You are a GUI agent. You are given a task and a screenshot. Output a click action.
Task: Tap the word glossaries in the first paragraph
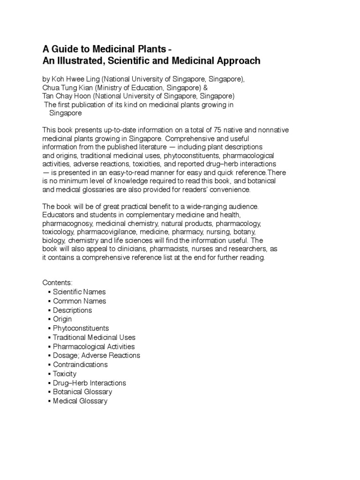[x=94, y=190]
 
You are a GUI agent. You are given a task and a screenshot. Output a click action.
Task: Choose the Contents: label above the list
[x=58, y=283]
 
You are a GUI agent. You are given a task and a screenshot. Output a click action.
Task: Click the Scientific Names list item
[x=79, y=292]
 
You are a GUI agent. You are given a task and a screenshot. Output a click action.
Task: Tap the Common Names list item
[x=79, y=301]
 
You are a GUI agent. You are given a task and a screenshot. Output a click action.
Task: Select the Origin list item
[x=62, y=319]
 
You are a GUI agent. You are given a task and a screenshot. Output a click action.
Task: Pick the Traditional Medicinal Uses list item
[x=94, y=337]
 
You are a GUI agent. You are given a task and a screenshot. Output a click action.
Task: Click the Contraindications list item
[x=80, y=365]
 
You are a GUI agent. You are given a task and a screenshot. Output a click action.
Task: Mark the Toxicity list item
[x=65, y=374]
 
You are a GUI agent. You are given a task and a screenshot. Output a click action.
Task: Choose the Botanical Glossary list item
[x=82, y=392]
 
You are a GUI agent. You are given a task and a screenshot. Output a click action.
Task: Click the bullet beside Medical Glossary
[x=49, y=401]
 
